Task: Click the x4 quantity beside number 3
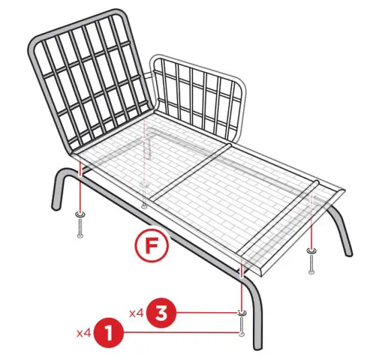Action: pos(137,313)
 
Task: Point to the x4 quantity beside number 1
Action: pos(84,332)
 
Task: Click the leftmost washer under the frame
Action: pos(80,215)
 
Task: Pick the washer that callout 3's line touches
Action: pos(241,313)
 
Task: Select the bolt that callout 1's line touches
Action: pos(241,330)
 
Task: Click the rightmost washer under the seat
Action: pos(311,250)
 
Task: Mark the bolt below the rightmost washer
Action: pos(311,266)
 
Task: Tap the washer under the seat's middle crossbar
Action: pos(143,183)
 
